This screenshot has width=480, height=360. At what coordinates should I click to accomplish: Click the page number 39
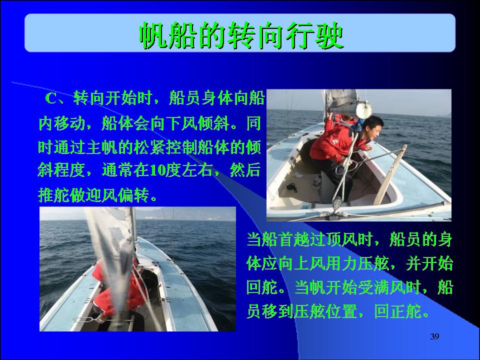434,336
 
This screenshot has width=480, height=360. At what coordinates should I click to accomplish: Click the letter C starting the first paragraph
51,98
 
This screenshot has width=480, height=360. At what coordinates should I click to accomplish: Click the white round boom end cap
363,110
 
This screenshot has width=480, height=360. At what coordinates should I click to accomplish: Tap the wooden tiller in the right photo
390,175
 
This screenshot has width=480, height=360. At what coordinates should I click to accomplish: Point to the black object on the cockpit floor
291,187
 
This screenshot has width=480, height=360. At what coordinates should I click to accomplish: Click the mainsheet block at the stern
337,203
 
